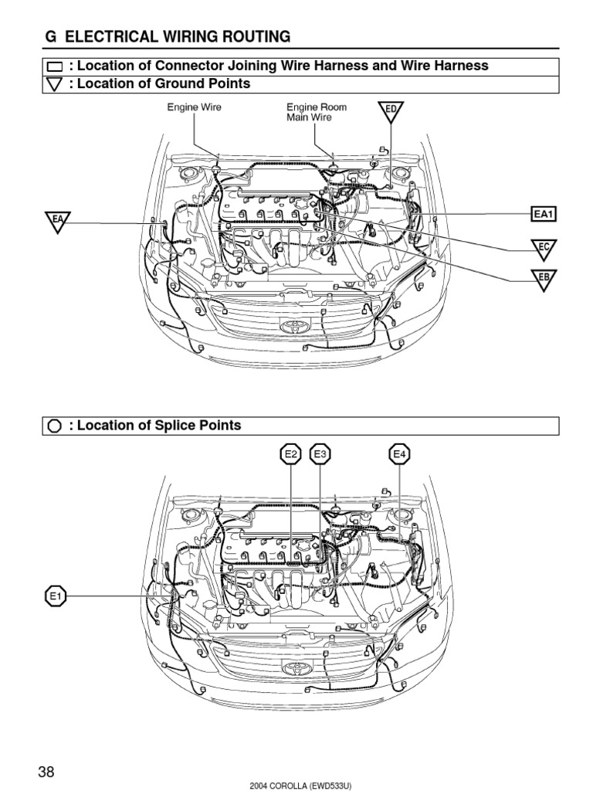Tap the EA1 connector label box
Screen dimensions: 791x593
pyautogui.click(x=544, y=213)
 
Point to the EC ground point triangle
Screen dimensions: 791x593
pyautogui.click(x=544, y=248)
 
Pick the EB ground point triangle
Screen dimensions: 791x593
pyautogui.click(x=544, y=278)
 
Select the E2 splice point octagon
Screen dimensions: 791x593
pyautogui.click(x=290, y=455)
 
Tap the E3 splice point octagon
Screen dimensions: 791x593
pyautogui.click(x=320, y=455)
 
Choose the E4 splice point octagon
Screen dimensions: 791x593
pyautogui.click(x=399, y=455)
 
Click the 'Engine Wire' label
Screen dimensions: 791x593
pyautogui.click(x=195, y=107)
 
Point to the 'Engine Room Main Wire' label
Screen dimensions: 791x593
pyautogui.click(x=316, y=112)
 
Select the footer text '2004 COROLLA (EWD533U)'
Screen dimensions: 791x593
pyautogui.click(x=301, y=786)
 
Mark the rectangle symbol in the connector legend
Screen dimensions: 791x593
pyautogui.click(x=54, y=66)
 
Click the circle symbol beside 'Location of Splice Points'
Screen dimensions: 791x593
pyautogui.click(x=54, y=426)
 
